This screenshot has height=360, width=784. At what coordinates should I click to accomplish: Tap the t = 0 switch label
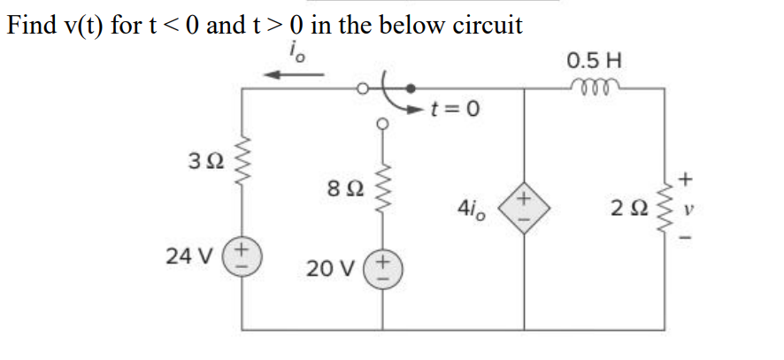456,110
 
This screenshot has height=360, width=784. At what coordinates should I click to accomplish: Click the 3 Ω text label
203,163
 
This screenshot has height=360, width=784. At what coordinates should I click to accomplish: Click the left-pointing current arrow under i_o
291,75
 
